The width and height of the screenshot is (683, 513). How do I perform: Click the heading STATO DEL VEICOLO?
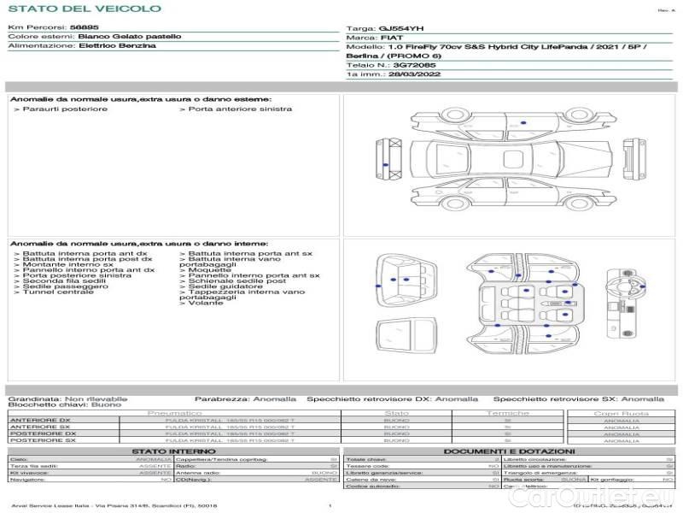point(84,9)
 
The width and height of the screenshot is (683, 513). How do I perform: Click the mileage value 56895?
point(83,28)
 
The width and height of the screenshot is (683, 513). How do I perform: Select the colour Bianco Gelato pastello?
point(129,37)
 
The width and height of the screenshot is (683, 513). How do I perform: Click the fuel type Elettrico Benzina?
point(117,46)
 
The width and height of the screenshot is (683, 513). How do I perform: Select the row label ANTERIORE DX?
point(40,420)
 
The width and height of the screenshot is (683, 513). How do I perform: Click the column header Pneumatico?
point(174,413)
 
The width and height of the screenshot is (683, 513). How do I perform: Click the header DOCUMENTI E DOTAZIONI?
point(509,451)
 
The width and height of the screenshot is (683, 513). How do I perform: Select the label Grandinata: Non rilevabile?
point(67,398)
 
